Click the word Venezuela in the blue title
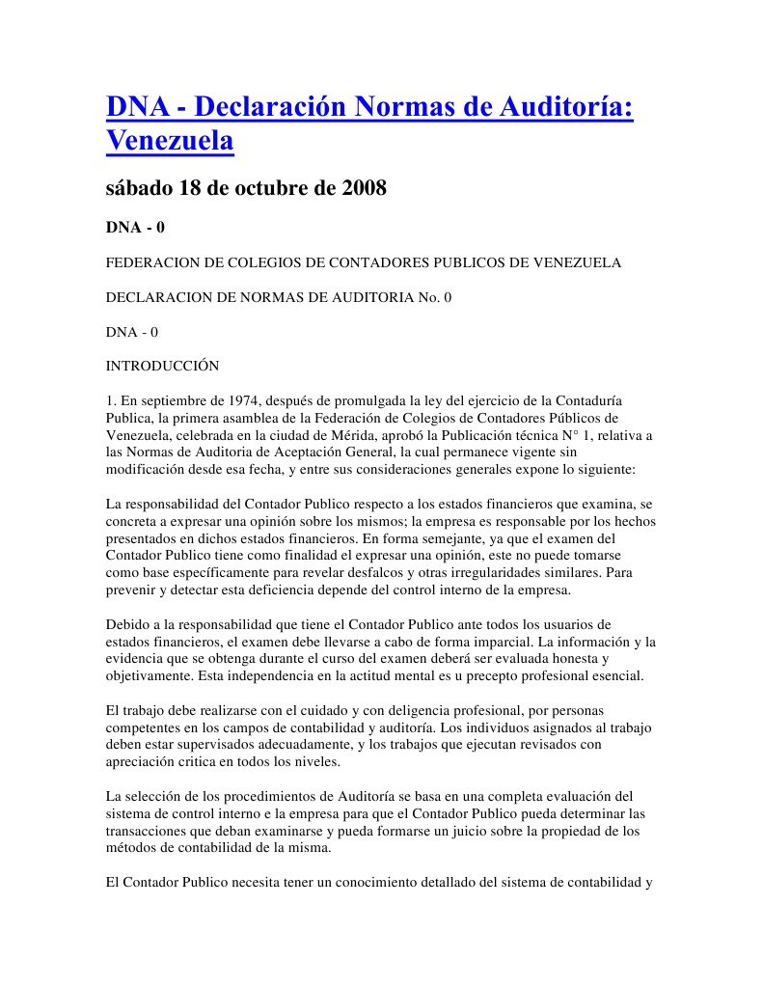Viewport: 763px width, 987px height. click(x=170, y=141)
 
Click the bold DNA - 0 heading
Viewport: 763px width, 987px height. click(x=135, y=229)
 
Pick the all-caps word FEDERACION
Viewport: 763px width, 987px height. click(x=153, y=262)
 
